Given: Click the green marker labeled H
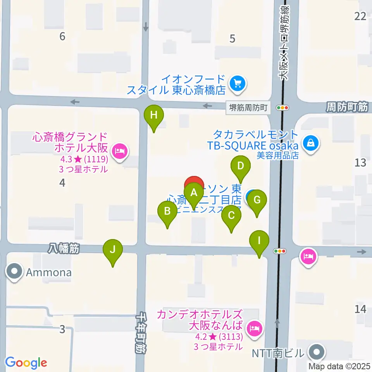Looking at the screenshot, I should tap(154, 115).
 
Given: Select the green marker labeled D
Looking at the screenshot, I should tap(241, 167).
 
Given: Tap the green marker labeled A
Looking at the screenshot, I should tap(194, 193).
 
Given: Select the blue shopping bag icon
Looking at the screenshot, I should tap(311, 143).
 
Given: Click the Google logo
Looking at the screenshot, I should tap(26, 363).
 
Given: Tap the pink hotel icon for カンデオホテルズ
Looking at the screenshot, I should tap(255, 329).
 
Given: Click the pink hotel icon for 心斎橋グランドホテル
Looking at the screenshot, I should tap(119, 150).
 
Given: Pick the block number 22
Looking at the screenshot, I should tap(360, 16).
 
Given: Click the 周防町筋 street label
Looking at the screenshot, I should tap(346, 107).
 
